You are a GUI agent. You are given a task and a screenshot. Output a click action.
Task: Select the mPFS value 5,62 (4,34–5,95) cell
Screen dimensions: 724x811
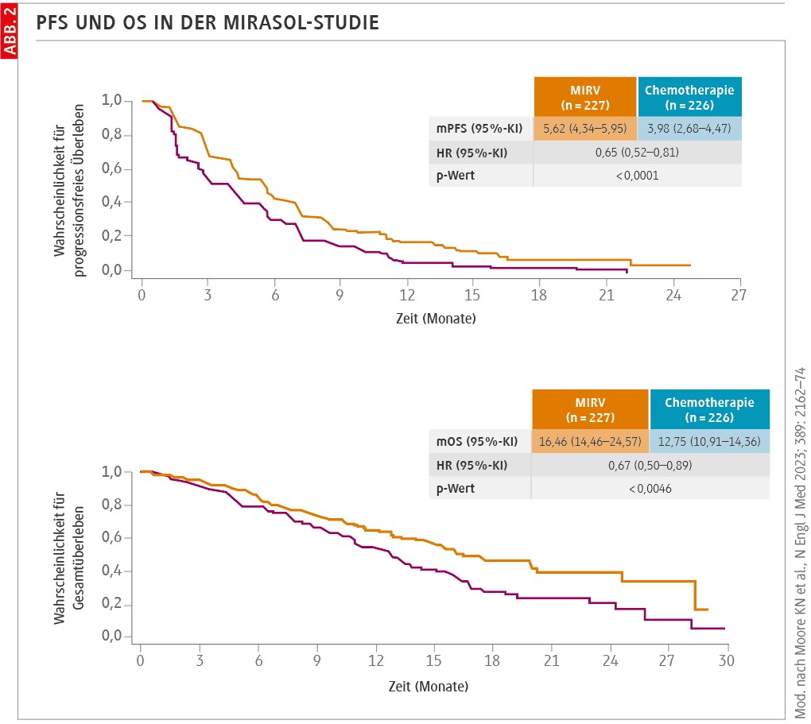[585, 129]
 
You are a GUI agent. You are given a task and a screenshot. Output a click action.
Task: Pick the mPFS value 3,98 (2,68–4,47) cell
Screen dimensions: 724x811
[689, 129]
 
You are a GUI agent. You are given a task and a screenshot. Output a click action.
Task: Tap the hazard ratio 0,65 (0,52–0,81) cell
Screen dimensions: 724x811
[637, 152]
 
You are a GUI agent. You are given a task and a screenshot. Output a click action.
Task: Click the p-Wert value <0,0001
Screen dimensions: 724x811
[637, 175]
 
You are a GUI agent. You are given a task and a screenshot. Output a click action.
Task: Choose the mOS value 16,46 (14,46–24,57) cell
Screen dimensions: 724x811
[590, 442]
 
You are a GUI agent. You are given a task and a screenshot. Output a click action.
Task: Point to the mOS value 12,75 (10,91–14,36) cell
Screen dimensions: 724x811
[709, 442]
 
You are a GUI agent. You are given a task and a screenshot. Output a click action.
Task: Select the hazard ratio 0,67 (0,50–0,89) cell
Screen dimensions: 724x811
[650, 465]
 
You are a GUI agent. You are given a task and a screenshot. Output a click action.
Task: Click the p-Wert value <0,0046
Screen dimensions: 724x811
[650, 488]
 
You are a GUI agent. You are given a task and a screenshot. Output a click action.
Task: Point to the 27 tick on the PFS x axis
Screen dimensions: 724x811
[739, 295]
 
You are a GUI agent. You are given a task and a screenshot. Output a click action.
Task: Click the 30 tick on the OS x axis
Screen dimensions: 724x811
[726, 660]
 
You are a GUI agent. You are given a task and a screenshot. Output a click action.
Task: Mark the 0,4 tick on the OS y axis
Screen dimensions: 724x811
[114, 571]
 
